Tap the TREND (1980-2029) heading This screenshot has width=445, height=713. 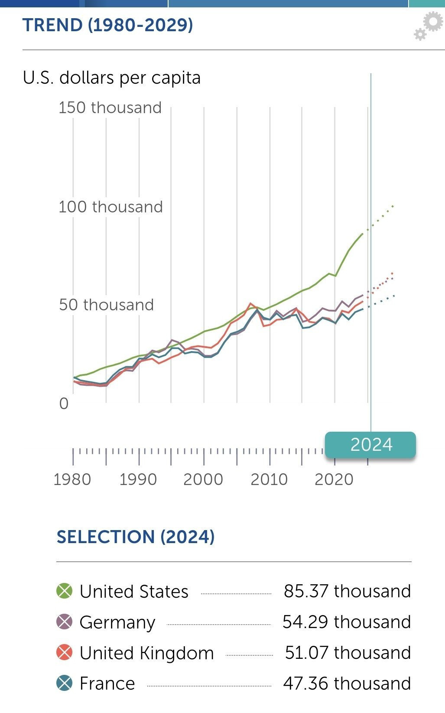point(107,25)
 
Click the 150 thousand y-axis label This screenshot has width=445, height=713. point(110,107)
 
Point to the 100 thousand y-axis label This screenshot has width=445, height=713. point(110,207)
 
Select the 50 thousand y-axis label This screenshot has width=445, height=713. point(106,305)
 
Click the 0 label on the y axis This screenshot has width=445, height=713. point(64,404)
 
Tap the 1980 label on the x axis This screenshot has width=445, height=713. point(72,479)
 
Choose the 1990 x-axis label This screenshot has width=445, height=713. point(138,479)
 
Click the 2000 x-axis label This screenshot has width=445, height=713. point(203,479)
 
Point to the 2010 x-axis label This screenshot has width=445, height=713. point(269,479)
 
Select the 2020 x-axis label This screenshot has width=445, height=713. point(334,479)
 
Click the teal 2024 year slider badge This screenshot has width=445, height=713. point(370,445)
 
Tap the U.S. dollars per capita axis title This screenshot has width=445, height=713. point(112,78)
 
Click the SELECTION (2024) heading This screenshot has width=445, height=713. point(136,537)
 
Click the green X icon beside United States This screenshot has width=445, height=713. point(65,591)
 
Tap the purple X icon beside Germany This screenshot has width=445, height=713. point(65,622)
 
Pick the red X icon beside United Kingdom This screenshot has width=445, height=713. point(65,653)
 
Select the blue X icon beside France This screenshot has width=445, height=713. point(65,684)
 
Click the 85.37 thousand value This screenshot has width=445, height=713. point(347,591)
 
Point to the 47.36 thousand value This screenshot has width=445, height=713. point(347,684)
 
